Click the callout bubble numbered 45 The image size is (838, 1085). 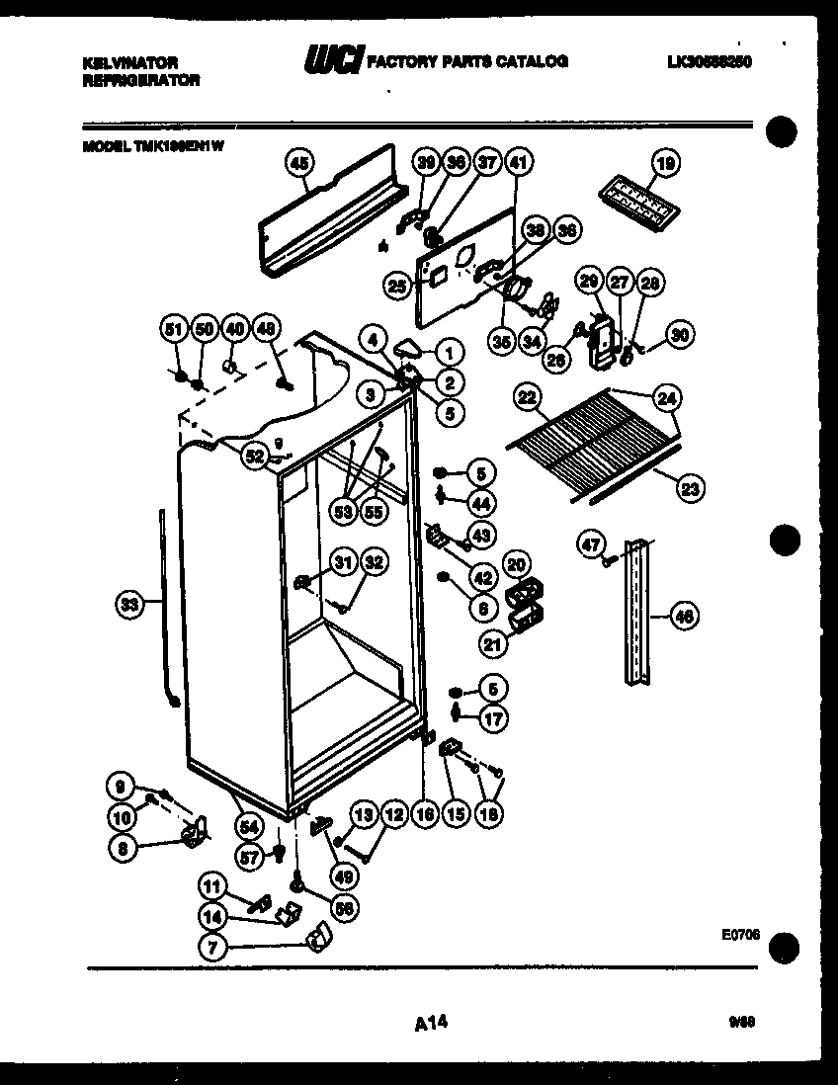pyautogui.click(x=297, y=166)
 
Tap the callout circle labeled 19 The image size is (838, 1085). pyautogui.click(x=667, y=165)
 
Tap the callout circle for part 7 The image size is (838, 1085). pyautogui.click(x=212, y=946)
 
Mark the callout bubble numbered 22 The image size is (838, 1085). pyautogui.click(x=528, y=397)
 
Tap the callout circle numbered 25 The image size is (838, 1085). pyautogui.click(x=397, y=286)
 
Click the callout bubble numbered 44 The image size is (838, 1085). pyautogui.click(x=480, y=503)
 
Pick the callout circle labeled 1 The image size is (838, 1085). pyautogui.click(x=448, y=351)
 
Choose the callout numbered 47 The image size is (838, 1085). pyautogui.click(x=590, y=542)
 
